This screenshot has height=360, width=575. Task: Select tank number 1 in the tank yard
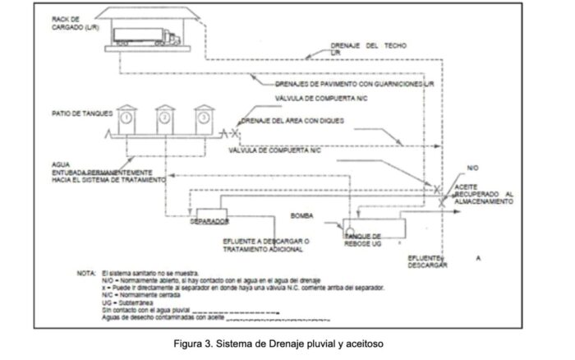click(128, 118)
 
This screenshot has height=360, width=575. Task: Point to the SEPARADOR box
click(209, 221)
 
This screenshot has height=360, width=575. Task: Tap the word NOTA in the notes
click(85, 272)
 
